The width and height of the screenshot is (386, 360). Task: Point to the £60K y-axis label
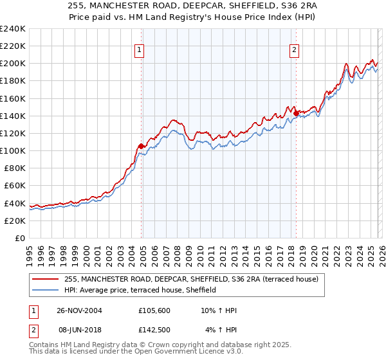coord(14,185)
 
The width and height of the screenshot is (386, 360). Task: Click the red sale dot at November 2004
coord(142,146)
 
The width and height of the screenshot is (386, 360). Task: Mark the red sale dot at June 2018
coord(296,114)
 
